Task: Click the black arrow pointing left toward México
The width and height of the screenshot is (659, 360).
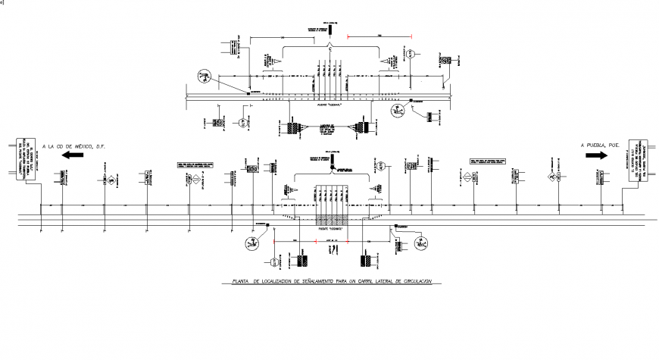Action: (73, 155)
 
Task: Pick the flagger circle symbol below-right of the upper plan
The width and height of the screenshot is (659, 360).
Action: (397, 111)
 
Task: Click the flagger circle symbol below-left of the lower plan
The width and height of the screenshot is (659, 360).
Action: (251, 244)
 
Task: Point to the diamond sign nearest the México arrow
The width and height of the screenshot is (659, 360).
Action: (111, 180)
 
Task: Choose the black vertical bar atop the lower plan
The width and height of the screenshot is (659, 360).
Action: (331, 161)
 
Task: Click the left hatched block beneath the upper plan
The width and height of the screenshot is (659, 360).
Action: (292, 128)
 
